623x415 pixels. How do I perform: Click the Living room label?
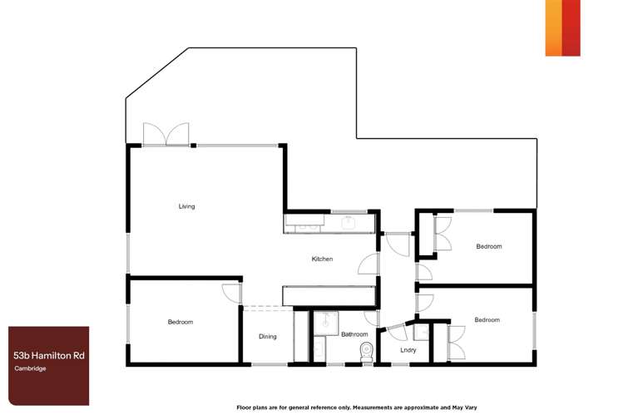(186, 206)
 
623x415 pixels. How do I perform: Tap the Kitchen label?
(322, 259)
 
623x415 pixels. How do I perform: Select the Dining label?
(267, 337)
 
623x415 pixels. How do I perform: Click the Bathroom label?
(354, 334)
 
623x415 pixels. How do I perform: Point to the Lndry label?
(408, 350)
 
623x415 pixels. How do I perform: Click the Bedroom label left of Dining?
(180, 322)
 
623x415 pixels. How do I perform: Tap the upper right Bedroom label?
(488, 246)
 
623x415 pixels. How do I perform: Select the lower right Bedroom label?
(487, 320)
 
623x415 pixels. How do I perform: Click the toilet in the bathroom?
(363, 352)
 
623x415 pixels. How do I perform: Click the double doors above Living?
(166, 135)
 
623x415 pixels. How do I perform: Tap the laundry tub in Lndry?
(422, 333)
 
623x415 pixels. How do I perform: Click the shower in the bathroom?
(324, 321)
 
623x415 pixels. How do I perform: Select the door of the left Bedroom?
(231, 294)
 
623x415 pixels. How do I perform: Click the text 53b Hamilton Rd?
(48, 355)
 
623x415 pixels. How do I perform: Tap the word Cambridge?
(29, 368)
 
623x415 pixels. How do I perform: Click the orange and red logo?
(562, 27)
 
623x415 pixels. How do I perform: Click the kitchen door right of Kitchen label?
(366, 264)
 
